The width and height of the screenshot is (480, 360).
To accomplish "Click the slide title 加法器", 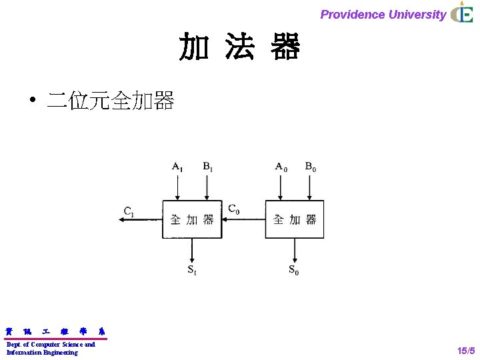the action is click(x=239, y=47).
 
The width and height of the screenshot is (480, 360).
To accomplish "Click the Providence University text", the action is click(x=383, y=14).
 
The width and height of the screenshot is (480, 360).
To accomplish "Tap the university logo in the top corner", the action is click(x=461, y=13).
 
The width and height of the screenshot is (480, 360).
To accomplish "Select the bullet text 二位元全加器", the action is click(x=110, y=101).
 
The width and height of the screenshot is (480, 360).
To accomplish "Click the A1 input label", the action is click(x=177, y=167).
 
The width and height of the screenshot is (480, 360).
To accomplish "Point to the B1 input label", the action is click(x=208, y=167).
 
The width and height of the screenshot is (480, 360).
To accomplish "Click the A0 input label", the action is click(x=282, y=167).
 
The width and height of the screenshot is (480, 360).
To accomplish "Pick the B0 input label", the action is click(x=311, y=167).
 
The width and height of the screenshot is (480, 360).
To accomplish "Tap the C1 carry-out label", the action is click(x=129, y=211).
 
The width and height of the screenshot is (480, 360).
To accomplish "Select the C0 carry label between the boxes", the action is click(x=234, y=209).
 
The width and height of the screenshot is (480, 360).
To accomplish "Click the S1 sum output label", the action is click(x=191, y=270).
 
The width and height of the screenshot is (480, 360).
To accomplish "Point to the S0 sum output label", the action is click(x=294, y=270).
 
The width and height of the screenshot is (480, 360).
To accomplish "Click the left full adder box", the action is click(x=192, y=219).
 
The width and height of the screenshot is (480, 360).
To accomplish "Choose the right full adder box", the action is click(x=295, y=219).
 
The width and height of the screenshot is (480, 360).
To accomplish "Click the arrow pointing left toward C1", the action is click(x=141, y=220).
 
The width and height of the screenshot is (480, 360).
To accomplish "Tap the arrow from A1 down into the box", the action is click(x=178, y=187).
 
